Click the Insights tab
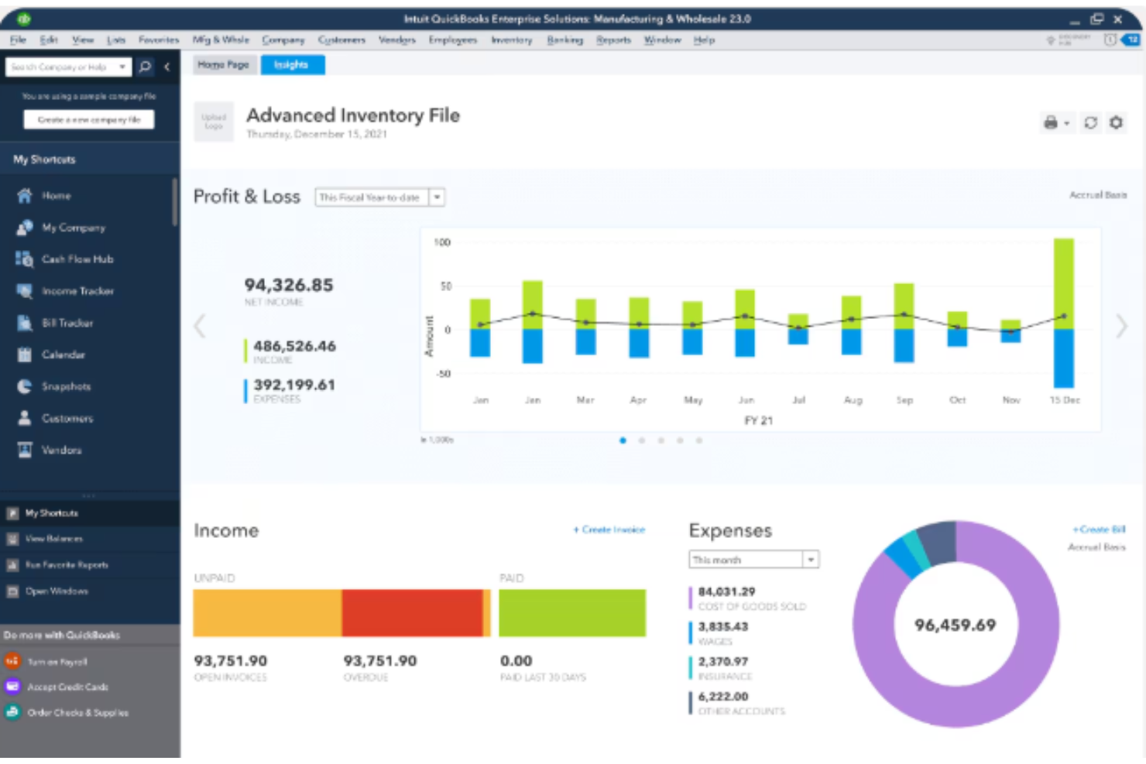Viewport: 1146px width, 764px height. pyautogui.click(x=292, y=65)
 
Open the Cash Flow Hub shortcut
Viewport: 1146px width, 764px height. pyautogui.click(x=77, y=259)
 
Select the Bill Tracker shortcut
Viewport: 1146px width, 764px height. pyautogui.click(x=67, y=323)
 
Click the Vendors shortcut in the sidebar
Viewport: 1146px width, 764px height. pyautogui.click(x=61, y=450)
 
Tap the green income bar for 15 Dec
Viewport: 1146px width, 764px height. pyautogui.click(x=1063, y=283)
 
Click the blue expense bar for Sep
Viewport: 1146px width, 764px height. pyautogui.click(x=904, y=345)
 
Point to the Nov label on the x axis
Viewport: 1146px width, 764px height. pyautogui.click(x=1010, y=400)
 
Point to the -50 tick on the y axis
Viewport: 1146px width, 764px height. pyautogui.click(x=443, y=374)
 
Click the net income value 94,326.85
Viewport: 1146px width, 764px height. pyautogui.click(x=289, y=285)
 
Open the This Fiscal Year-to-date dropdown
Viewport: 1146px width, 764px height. pyautogui.click(x=437, y=197)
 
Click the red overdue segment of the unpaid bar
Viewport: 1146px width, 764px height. pyautogui.click(x=412, y=613)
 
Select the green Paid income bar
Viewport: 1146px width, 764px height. pyautogui.click(x=571, y=613)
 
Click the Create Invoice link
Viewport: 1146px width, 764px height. pyautogui.click(x=609, y=529)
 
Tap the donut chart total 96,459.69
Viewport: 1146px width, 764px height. pyautogui.click(x=955, y=625)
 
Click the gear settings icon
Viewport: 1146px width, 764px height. pyautogui.click(x=1116, y=122)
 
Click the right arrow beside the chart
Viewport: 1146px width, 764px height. pyautogui.click(x=1121, y=327)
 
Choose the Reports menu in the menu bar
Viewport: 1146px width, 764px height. pyautogui.click(x=613, y=40)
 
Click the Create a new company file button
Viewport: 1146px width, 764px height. pyautogui.click(x=89, y=120)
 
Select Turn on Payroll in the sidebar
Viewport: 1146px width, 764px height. pyautogui.click(x=57, y=662)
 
